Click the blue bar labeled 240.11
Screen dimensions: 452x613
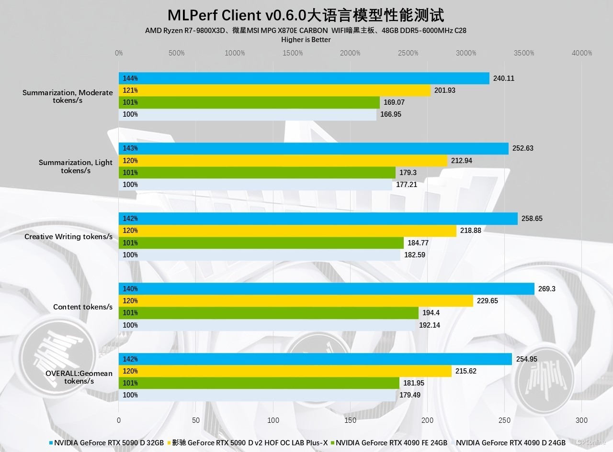coord(304,78)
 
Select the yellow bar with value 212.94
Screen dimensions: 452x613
coord(283,161)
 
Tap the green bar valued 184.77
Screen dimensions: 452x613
coord(261,243)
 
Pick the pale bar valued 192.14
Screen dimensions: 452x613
coord(267,325)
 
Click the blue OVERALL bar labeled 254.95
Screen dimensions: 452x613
coord(315,359)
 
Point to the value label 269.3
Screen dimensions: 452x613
coord(547,289)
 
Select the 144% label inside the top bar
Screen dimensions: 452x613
coord(130,78)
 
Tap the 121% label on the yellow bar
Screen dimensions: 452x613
coord(130,90)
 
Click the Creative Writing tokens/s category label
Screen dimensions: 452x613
coord(68,237)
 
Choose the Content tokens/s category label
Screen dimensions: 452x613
coord(83,307)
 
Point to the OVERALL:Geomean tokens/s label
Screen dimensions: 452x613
coord(79,377)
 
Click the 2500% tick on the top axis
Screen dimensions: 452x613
coord(408,53)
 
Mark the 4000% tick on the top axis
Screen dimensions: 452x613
coord(582,53)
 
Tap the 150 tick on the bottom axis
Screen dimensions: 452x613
coord(350,420)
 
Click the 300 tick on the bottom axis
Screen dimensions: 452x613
coord(581,420)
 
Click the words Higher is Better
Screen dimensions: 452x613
coord(306,40)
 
